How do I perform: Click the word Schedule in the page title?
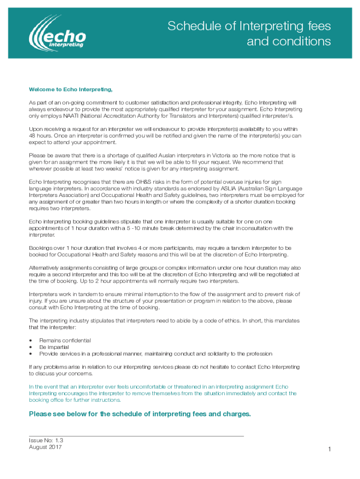click(190, 27)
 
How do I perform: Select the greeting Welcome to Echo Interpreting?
click(71, 89)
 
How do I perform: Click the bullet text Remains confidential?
click(65, 341)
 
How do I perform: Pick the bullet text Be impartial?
click(54, 347)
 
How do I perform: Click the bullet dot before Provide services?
click(31, 354)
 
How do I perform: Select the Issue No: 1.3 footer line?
click(46, 440)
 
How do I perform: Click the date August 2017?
click(45, 447)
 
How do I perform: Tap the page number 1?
click(329, 450)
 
